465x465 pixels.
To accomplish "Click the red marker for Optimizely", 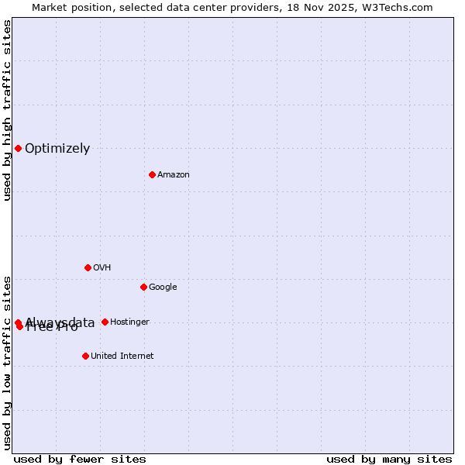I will tap(18, 148).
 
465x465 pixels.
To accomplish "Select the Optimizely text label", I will tap(57, 149).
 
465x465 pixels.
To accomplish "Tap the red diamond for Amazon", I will tap(152, 174).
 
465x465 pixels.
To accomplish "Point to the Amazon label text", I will tap(174, 175).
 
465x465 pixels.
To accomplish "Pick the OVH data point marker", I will tap(88, 267).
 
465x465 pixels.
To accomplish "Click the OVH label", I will tap(102, 268).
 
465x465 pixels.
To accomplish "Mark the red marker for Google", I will tap(143, 287).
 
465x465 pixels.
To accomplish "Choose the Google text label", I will tap(163, 288).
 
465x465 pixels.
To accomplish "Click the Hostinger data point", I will tap(105, 322).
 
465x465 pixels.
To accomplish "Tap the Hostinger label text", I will tap(129, 322).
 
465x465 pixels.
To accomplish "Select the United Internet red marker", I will tap(85, 356).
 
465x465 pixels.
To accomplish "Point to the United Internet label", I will tap(122, 356).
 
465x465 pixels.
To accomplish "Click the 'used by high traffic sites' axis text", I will tap(7, 110).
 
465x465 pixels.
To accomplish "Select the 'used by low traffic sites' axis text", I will tap(7, 363).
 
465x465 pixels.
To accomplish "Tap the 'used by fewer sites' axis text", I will tap(80, 460).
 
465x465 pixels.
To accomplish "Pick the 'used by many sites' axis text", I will tap(389, 460).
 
